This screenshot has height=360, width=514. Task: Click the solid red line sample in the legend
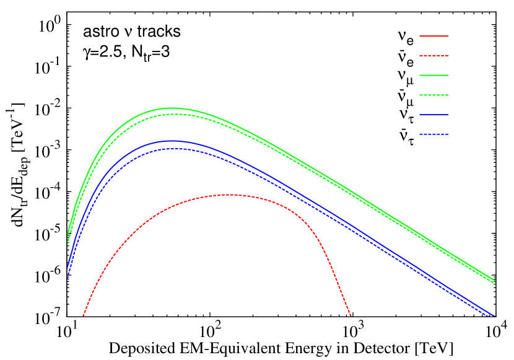[433, 36]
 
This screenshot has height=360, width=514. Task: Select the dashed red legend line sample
[433, 56]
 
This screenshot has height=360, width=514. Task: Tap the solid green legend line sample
[433, 75]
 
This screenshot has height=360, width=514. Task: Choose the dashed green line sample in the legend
[433, 95]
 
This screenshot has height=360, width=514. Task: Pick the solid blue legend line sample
[433, 115]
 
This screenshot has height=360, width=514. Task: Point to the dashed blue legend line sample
[433, 134]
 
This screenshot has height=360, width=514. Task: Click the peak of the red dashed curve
[230, 195]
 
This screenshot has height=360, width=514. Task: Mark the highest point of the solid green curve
[172, 108]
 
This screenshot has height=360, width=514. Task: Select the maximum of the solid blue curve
[172, 141]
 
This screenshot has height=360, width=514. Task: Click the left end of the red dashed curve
[83, 316]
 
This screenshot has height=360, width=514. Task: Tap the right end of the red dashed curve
[351, 316]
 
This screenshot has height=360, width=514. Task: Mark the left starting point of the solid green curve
[68, 233]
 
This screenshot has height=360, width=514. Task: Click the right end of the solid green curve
[495, 280]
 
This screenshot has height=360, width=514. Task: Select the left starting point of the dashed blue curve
[68, 278]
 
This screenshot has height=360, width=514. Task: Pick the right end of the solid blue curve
[495, 316]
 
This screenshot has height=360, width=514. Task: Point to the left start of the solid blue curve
[68, 267]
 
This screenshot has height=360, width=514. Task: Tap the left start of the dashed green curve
[68, 244]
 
